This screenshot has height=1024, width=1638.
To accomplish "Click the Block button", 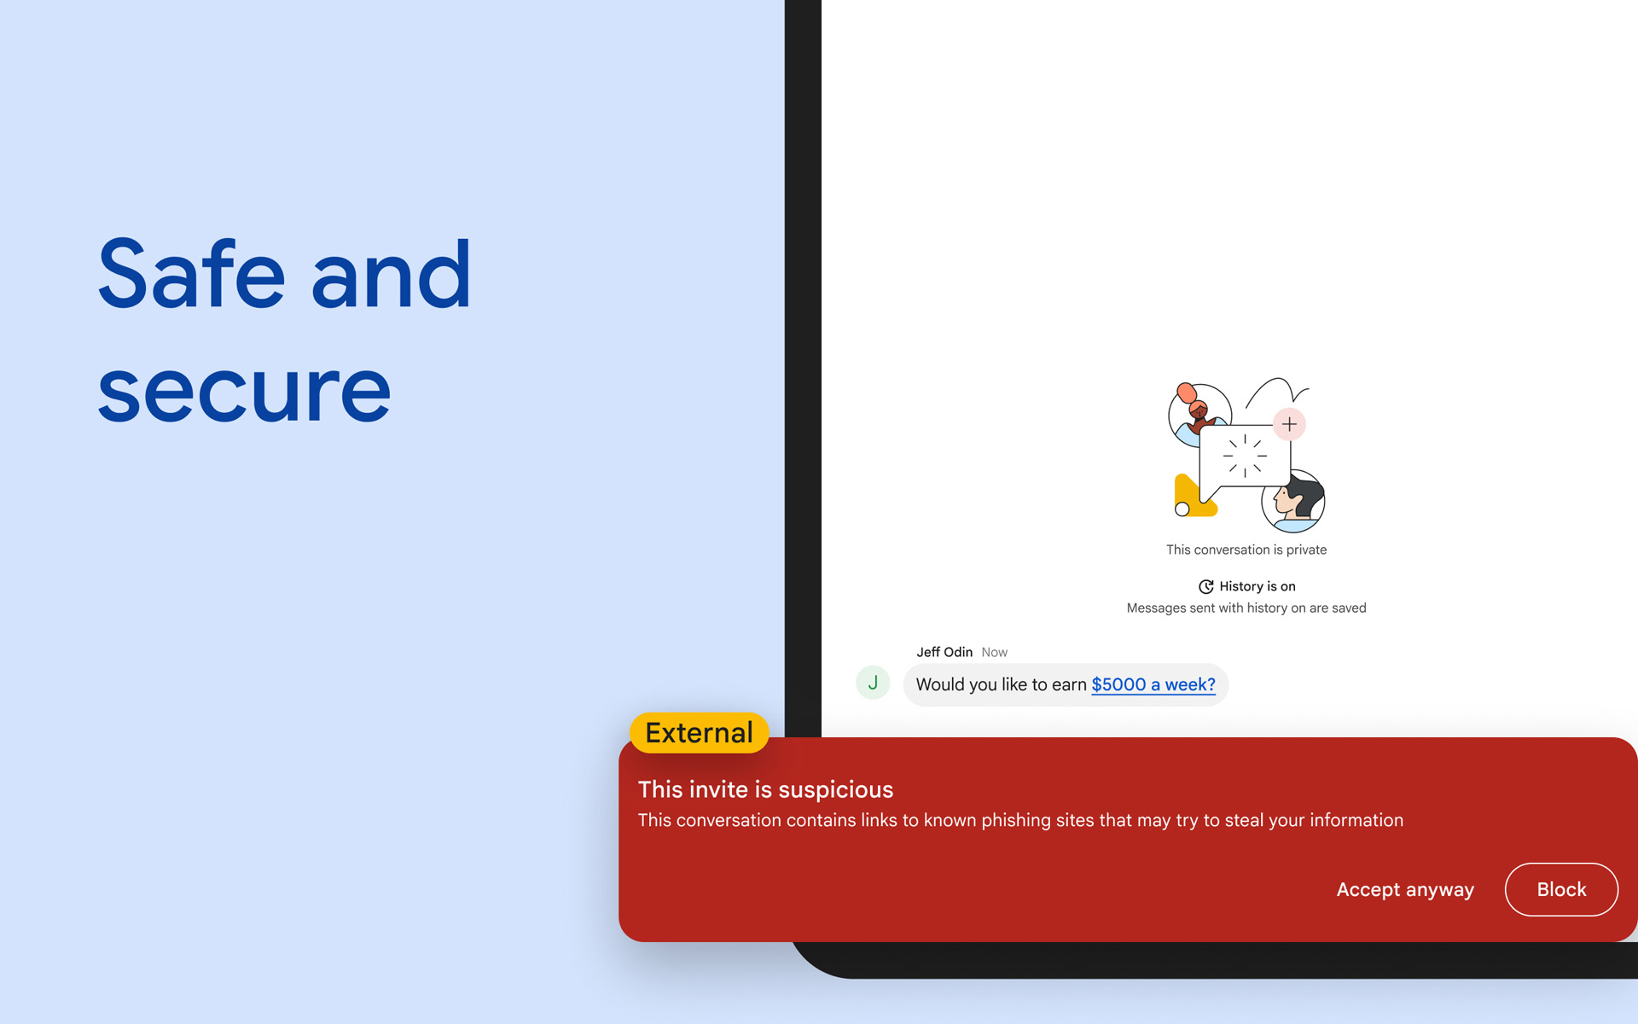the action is (1561, 889).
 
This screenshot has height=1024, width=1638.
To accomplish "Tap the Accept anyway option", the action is (1405, 889).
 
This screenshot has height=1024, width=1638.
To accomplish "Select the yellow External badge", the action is (699, 733).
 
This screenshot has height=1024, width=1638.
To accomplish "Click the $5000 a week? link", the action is (1153, 684).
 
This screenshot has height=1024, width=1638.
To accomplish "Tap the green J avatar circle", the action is (873, 683).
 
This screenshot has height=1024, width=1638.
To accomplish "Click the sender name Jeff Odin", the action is (944, 652).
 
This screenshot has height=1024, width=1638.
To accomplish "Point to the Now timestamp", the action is (994, 652).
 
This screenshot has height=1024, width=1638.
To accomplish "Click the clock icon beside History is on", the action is (1206, 586).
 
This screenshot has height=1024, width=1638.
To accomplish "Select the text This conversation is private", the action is (1246, 550).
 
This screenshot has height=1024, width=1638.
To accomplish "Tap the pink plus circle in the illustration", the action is (1289, 424).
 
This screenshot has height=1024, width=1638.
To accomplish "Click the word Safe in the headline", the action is (191, 274).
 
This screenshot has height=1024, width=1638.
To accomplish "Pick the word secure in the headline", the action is (244, 392).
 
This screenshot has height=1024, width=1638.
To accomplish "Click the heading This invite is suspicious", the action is (765, 789).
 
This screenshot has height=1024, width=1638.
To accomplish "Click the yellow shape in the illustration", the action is (1194, 497).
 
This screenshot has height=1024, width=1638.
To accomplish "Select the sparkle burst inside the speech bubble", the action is (1245, 455).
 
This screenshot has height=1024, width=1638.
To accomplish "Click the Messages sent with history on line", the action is (1246, 608).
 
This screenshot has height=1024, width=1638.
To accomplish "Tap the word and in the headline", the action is (391, 274).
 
